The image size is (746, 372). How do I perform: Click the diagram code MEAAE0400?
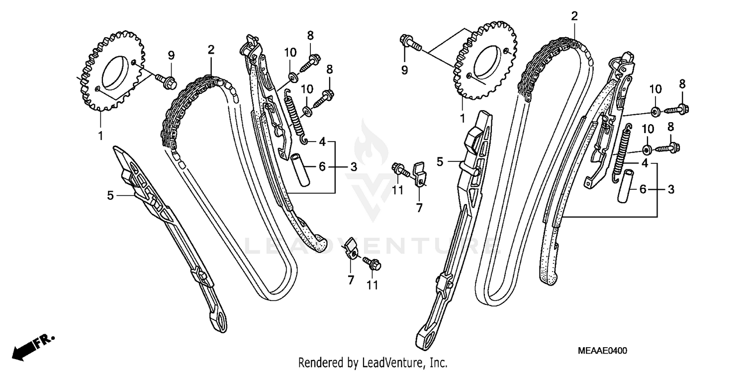tap(602, 351)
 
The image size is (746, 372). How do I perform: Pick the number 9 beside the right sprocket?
tap(404, 70)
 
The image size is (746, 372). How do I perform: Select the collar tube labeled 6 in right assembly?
tap(626, 186)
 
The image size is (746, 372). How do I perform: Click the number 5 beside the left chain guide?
tap(110, 196)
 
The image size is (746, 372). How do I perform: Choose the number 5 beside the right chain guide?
tap(440, 161)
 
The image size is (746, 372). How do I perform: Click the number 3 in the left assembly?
tap(353, 167)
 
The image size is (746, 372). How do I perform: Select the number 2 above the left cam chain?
tap(211, 50)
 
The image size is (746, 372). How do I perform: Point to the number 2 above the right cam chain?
tap(574, 16)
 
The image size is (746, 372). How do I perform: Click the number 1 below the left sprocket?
tap(100, 135)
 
